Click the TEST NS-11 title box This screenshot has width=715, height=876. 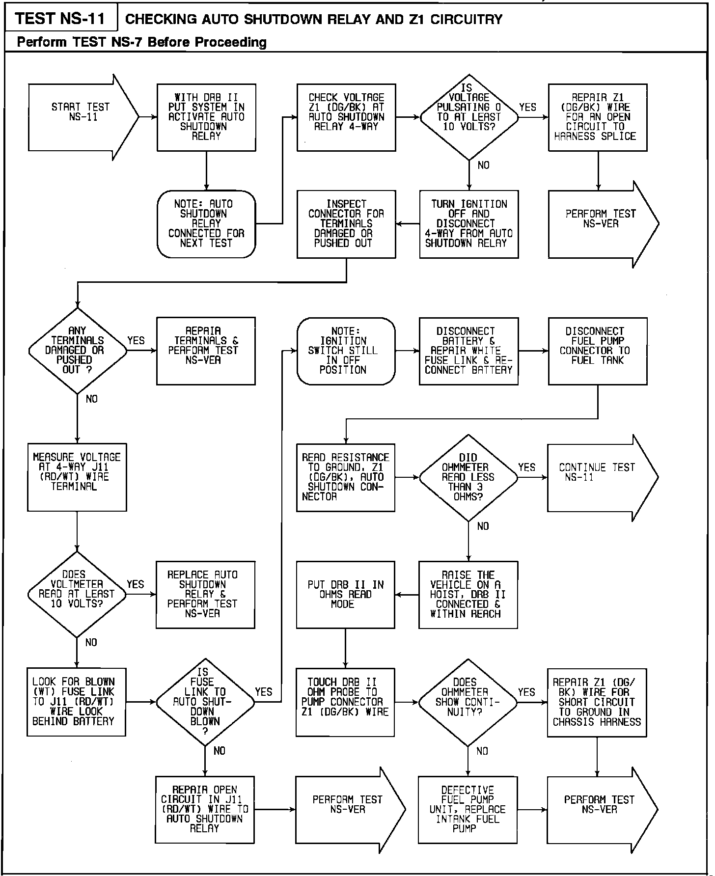coord(60,19)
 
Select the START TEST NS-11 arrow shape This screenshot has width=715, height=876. coord(81,117)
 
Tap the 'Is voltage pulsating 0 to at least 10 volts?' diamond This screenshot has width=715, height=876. coord(469,117)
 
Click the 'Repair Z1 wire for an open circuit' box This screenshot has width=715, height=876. coord(598,117)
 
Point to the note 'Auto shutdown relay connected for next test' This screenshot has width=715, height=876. coord(206,224)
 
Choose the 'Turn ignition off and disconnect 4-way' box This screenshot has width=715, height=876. coord(469,224)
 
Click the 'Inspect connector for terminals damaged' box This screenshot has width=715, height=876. coord(346,224)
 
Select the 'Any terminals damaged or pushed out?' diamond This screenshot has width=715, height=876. coord(78,351)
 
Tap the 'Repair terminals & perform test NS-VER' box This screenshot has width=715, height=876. coord(206,351)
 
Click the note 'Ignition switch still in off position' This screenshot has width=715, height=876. coord(346,351)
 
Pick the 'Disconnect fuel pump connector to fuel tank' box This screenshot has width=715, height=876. coord(598,351)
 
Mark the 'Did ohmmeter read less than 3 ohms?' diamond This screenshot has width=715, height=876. coord(468,477)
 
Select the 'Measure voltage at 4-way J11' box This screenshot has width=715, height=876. coord(77,477)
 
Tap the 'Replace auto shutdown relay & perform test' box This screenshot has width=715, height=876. coord(205,595)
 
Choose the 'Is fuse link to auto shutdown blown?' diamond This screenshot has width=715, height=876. coord(205,702)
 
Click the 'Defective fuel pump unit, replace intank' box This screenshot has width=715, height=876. coord(467,809)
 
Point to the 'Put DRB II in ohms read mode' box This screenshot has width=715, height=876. coord(345,595)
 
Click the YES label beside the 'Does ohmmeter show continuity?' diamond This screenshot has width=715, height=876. coord(526,692)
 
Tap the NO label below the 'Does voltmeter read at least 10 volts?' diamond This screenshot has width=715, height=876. coord(91,642)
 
